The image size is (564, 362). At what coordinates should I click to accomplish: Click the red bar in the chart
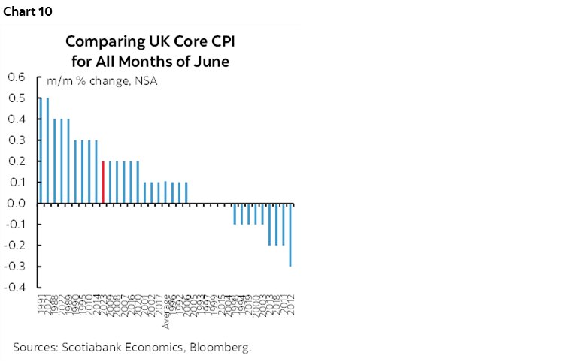pos(102,182)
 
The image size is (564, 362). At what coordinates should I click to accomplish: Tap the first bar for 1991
pos(41,150)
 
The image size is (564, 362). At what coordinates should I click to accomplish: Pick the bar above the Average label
pos(165,192)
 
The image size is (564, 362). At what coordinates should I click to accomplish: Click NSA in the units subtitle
pos(146,81)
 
